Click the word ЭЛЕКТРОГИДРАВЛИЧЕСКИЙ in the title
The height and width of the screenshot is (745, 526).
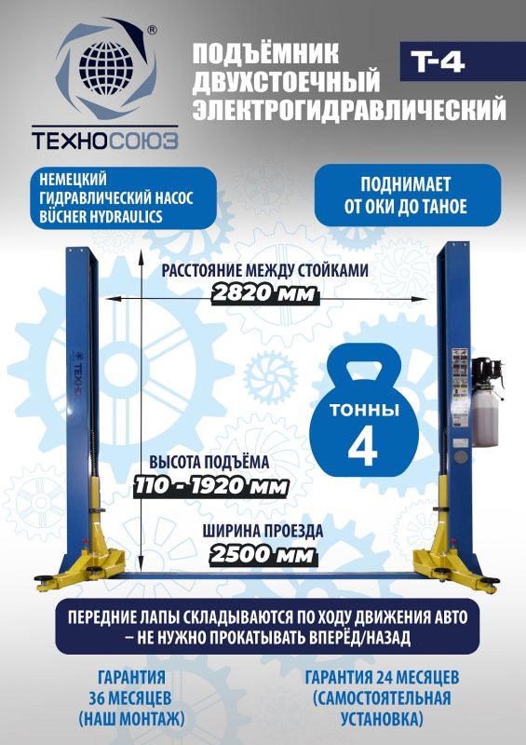point(349,112)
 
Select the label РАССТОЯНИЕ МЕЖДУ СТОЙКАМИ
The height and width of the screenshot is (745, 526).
point(264,271)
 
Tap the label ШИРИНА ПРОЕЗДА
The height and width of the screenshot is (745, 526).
point(263,533)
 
